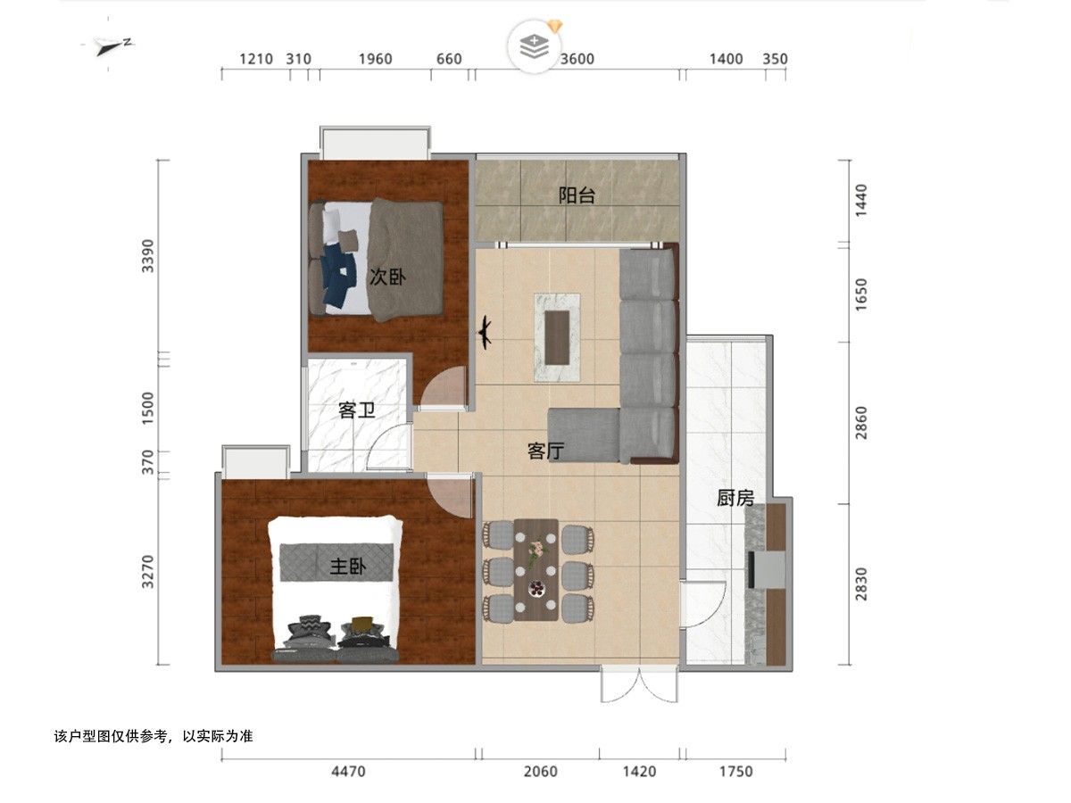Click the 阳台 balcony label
point(577,195)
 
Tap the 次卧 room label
point(387,277)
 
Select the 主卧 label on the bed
point(348,567)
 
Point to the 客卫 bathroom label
point(357,410)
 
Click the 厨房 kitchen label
point(735,498)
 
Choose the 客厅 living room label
point(545,451)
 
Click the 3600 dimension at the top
point(577,59)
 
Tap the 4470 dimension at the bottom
point(348,771)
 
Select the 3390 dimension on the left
point(147,256)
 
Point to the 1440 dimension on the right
point(861,201)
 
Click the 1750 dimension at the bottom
point(736,771)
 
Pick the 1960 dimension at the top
point(375,59)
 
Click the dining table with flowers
point(535,570)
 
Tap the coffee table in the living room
point(557,337)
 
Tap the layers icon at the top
point(535,46)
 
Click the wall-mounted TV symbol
point(485,333)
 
